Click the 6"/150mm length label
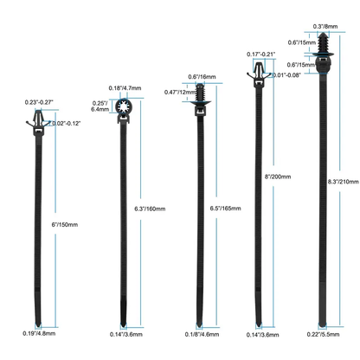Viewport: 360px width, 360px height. pyautogui.click(x=65, y=224)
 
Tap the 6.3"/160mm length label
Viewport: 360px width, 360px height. pyautogui.click(x=150, y=209)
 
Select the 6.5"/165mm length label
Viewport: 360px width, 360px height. pyautogui.click(x=225, y=208)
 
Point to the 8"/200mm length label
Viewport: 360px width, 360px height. pyautogui.click(x=278, y=177)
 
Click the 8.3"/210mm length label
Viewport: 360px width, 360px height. pyautogui.click(x=344, y=182)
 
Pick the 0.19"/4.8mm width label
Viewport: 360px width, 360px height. pyautogui.click(x=39, y=333)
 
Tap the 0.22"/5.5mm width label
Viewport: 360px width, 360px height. pyautogui.click(x=323, y=334)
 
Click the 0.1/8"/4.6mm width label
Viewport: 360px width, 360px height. pyautogui.click(x=202, y=334)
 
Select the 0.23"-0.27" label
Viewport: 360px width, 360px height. pyautogui.click(x=39, y=102)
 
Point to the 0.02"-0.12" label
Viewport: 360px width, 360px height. pyautogui.click(x=66, y=124)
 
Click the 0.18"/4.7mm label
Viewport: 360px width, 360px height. pyautogui.click(x=125, y=88)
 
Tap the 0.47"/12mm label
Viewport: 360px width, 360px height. pyautogui.click(x=180, y=93)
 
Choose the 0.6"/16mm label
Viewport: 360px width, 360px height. pyautogui.click(x=202, y=77)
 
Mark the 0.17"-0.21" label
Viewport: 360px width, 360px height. pyautogui.click(x=261, y=54)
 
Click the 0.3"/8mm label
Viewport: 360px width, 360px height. pyautogui.click(x=325, y=27)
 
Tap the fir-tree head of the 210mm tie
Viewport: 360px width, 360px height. pyautogui.click(x=323, y=43)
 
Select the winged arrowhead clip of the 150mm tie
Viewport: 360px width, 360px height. pyautogui.click(x=38, y=119)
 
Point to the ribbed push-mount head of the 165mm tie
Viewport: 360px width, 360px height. pyautogui.click(x=200, y=94)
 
